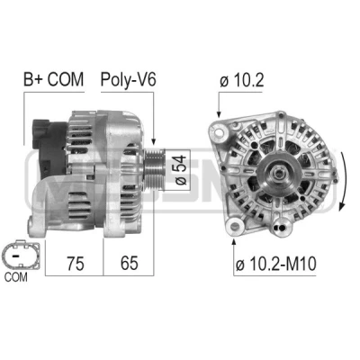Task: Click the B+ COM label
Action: click(x=53, y=79)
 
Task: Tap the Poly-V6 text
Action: click(x=128, y=80)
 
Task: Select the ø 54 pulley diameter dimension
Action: click(x=181, y=170)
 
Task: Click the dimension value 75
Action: click(x=76, y=264)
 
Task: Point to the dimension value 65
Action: click(x=130, y=263)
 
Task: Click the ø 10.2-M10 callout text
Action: click(x=275, y=265)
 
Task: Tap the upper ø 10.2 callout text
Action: click(x=241, y=80)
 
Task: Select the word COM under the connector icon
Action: click(x=16, y=277)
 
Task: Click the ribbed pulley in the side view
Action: click(x=155, y=170)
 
